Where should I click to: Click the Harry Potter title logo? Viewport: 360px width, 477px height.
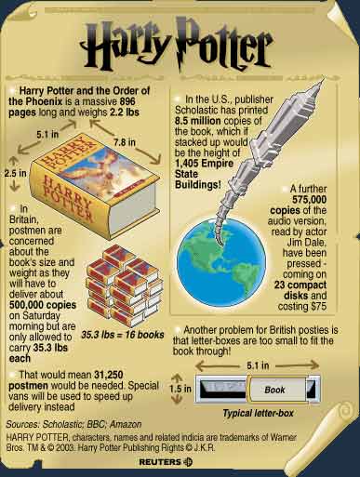(176, 44)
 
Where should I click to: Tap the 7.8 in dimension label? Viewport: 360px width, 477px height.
(125, 142)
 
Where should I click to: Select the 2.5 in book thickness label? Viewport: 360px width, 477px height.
(15, 173)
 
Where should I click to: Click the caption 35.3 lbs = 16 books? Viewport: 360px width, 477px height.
(123, 335)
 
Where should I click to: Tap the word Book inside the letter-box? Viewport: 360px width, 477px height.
(274, 390)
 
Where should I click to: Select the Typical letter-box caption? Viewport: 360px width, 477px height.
(258, 413)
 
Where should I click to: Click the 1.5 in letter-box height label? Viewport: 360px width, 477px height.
(180, 389)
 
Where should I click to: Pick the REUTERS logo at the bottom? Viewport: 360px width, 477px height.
(166, 462)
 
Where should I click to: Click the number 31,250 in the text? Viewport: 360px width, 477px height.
(109, 375)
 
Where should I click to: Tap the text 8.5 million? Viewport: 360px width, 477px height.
(198, 121)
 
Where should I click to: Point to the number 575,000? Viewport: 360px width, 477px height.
(309, 200)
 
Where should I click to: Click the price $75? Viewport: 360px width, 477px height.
(319, 306)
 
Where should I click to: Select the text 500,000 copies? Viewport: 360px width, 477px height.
(43, 305)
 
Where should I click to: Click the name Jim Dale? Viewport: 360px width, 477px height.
(306, 243)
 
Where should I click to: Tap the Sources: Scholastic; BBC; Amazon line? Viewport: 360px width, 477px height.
(73, 424)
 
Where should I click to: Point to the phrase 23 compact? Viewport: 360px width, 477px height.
(300, 285)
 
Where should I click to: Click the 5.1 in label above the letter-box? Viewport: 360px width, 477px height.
(258, 365)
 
